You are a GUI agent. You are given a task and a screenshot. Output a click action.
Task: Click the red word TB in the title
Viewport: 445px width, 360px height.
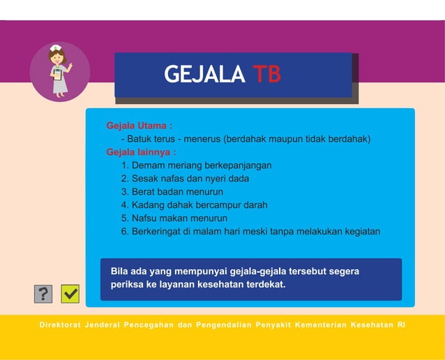tap(266, 75)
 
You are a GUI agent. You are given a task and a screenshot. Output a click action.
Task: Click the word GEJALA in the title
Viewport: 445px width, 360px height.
tap(204, 75)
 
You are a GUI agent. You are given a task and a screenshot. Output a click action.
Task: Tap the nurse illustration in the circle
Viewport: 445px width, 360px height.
tap(59, 70)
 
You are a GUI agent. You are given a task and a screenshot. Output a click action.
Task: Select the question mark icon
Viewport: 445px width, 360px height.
tap(43, 294)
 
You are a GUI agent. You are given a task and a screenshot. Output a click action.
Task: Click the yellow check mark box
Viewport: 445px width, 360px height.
tap(70, 294)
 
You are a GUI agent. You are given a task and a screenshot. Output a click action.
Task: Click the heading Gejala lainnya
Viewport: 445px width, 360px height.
tap(141, 152)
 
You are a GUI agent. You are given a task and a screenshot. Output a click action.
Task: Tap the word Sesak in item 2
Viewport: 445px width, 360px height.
tap(145, 179)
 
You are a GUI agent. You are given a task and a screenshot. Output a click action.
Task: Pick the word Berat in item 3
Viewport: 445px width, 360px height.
tap(143, 192)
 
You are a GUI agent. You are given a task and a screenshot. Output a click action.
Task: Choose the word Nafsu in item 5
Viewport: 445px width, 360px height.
tap(144, 218)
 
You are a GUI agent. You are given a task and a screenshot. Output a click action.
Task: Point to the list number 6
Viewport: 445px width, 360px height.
tap(125, 232)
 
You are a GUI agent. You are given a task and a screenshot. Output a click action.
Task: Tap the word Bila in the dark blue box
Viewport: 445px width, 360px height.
tap(120, 271)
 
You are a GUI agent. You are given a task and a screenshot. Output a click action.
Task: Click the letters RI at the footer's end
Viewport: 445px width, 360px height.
tap(401, 325)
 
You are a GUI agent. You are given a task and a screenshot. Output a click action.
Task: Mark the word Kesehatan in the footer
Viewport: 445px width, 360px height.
tap(372, 325)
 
